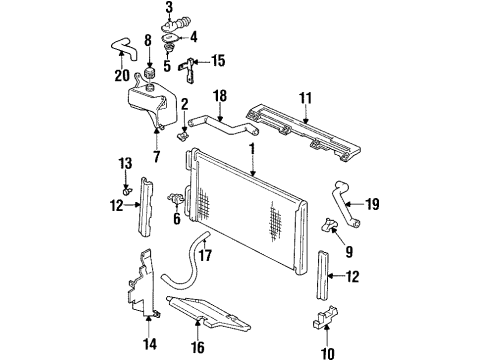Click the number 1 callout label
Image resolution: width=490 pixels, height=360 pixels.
(251, 149)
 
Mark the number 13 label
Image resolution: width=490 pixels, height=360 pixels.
(124, 162)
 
